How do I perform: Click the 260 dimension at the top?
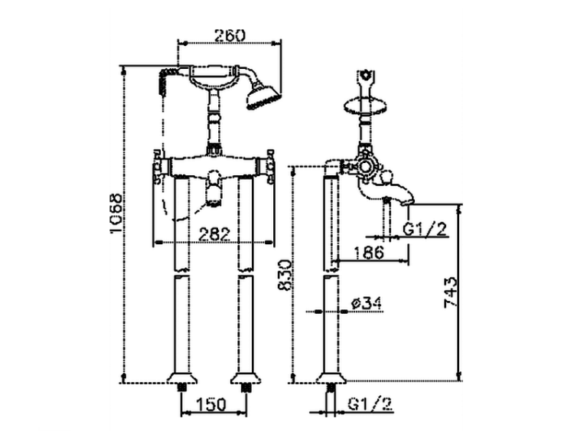pyautogui.click(x=230, y=36)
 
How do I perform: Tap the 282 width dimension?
pyautogui.click(x=214, y=234)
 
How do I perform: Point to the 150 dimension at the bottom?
pyautogui.click(x=212, y=405)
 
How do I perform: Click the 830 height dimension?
pyautogui.click(x=285, y=276)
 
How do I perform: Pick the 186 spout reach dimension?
pyautogui.click(x=368, y=253)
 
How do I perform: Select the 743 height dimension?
pyautogui.click(x=450, y=292)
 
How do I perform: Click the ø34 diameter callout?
pyautogui.click(x=366, y=303)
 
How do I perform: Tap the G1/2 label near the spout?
pyautogui.click(x=425, y=230)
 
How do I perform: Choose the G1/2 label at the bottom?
pyautogui.click(x=370, y=404)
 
